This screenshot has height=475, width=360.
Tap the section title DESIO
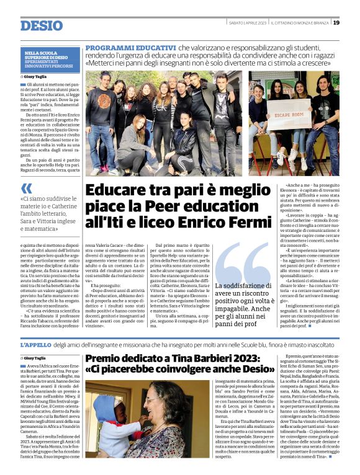42,25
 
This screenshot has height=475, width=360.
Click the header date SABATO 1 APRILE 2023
247,23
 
